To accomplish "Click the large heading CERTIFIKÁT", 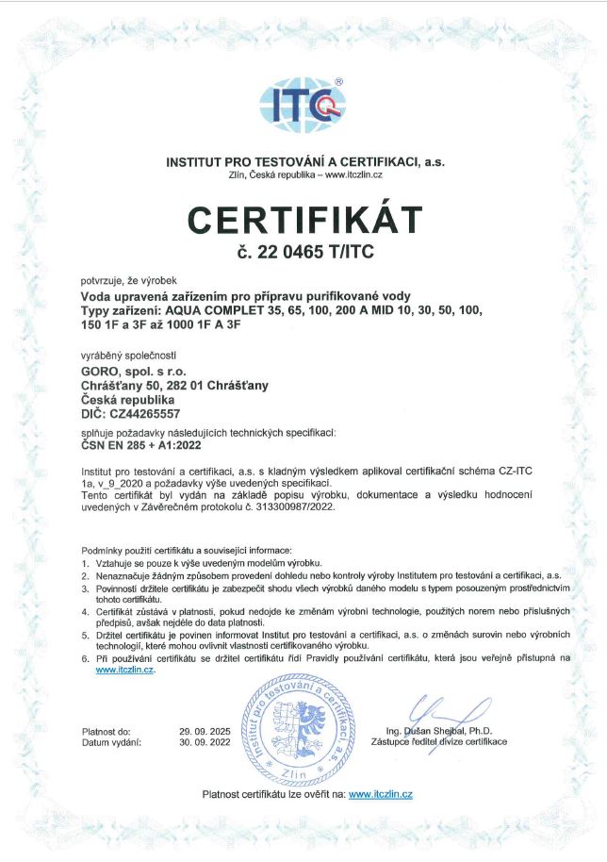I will (x=303, y=220).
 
